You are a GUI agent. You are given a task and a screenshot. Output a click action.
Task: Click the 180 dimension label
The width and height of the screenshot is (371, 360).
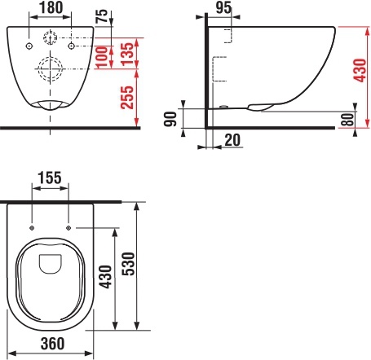51,7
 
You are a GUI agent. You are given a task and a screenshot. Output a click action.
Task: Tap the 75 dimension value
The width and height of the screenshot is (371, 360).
102,16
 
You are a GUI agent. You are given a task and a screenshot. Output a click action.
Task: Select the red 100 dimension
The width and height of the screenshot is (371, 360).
101,57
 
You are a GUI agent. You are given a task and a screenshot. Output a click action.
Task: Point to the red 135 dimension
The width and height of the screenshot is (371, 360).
127,54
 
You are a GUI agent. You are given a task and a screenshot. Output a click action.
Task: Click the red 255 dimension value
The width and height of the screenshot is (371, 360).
127,98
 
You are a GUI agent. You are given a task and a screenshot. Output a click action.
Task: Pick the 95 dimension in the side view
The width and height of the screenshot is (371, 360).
223,7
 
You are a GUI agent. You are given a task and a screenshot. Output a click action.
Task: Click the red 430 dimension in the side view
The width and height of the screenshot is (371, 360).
360,70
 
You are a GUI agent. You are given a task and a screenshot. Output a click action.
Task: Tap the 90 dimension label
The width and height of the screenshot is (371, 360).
170,119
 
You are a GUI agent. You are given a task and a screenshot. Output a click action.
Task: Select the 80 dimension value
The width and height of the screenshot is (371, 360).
347,120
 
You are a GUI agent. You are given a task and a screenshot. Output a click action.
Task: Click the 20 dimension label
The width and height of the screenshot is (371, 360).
232,140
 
